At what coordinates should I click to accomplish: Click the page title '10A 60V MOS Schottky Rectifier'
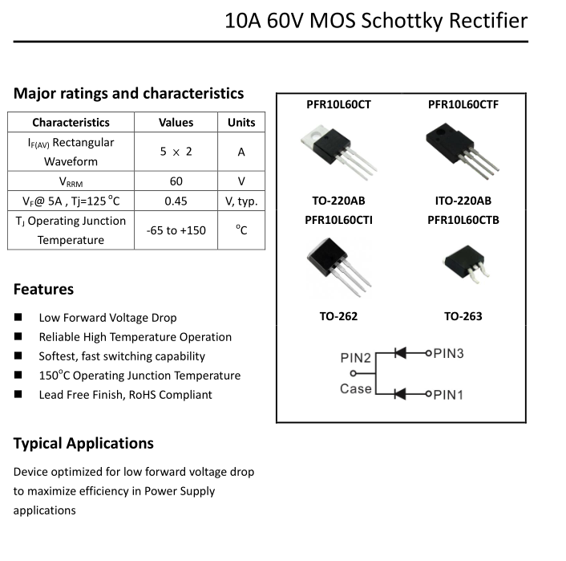[x=377, y=20]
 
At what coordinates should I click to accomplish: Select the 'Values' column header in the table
[x=176, y=123]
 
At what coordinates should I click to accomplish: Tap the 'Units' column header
[x=241, y=123]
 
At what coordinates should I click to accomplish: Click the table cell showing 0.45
[x=176, y=201]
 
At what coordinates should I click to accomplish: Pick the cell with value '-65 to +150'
[x=176, y=230]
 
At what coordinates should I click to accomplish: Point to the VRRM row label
[x=71, y=181]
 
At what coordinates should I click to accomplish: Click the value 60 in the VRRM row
[x=176, y=181]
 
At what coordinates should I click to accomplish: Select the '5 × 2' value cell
[x=176, y=151]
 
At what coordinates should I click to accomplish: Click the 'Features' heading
[x=43, y=289]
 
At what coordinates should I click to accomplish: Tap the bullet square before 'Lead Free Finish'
[x=18, y=395]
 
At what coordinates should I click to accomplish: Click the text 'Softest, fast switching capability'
[x=122, y=356]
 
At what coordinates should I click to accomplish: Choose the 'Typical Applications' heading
[x=83, y=443]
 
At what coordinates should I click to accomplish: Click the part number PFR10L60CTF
[x=463, y=104]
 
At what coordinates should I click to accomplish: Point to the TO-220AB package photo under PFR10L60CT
[x=338, y=148]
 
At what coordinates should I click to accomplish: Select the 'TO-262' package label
[x=338, y=316]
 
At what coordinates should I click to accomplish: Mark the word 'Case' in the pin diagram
[x=355, y=388]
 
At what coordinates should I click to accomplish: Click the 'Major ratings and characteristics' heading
[x=128, y=93]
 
